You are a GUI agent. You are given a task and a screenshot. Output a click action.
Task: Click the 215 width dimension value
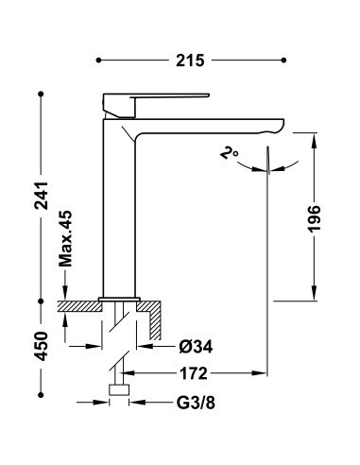pos(190,60)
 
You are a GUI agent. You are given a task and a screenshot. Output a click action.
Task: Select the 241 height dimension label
pos(42,196)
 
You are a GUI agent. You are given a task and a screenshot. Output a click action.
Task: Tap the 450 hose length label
pos(42,346)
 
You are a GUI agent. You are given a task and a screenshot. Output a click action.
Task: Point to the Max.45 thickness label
pos(65,239)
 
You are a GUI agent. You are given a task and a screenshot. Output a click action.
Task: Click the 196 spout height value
pos(314,219)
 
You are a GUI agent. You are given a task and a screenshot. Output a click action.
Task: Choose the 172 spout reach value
pos(194,373)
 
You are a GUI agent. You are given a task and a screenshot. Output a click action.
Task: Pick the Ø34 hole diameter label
pos(196,347)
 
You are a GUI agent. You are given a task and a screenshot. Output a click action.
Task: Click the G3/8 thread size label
pos(196,403)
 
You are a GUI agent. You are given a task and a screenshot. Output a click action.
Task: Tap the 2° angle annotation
pos(229,153)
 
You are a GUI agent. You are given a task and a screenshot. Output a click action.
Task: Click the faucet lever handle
pos(156,105)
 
